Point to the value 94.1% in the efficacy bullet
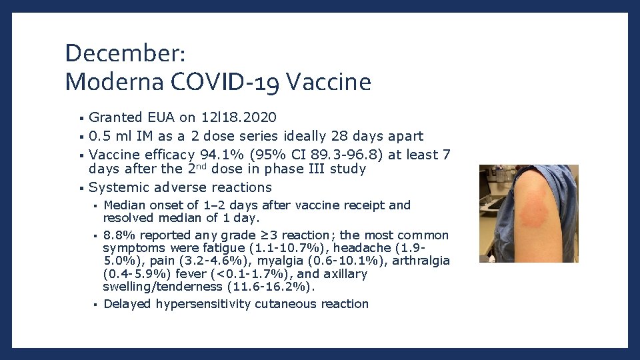(217, 155)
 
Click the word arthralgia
(421, 261)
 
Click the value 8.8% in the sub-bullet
(119, 235)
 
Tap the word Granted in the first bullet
(115, 117)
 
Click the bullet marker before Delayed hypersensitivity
(96, 305)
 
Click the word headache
(395, 248)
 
